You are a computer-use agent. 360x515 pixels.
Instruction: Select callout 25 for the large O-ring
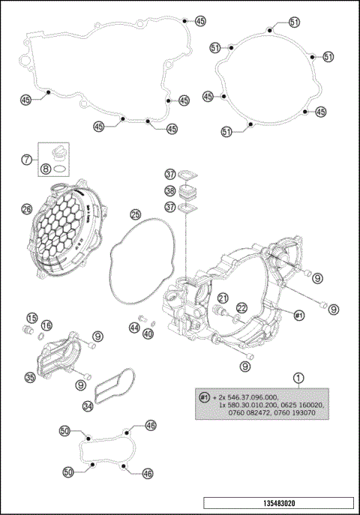point(135,214)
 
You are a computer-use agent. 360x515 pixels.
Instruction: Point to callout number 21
point(223,298)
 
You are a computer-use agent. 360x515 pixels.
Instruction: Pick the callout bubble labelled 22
point(241,307)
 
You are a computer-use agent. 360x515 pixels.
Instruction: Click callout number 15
point(32,317)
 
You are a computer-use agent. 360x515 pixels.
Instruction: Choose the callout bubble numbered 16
point(47,325)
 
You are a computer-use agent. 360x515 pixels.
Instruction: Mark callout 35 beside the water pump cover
point(30,378)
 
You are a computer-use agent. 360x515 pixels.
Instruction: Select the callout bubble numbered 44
point(135,328)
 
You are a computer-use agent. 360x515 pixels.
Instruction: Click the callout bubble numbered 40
point(148,333)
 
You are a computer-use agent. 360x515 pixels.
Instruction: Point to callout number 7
point(26,159)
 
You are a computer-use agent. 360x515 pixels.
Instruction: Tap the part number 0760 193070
point(296,413)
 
